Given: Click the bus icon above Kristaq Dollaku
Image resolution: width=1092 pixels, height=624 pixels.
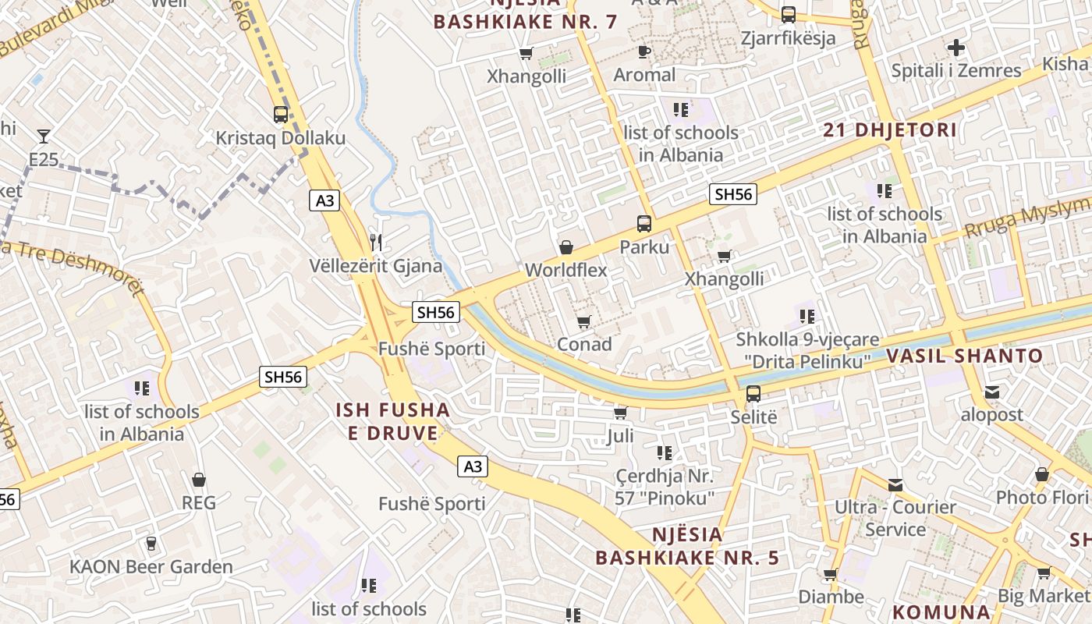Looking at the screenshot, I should [x=281, y=115].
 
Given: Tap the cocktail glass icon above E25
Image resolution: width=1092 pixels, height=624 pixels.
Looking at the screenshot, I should [x=44, y=136].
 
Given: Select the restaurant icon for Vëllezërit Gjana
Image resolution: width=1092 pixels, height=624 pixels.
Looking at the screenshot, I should [x=377, y=242].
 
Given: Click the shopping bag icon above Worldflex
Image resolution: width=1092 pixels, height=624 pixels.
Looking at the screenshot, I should [x=566, y=247].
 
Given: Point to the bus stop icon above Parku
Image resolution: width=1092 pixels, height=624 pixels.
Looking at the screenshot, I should [x=644, y=224].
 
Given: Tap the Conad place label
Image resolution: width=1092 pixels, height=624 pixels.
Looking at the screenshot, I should [x=584, y=344].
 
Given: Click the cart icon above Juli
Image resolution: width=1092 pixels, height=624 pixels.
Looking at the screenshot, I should [x=621, y=412].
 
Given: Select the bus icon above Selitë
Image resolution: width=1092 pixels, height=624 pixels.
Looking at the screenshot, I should [x=753, y=394].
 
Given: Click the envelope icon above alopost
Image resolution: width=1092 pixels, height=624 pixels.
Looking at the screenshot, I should [x=992, y=392].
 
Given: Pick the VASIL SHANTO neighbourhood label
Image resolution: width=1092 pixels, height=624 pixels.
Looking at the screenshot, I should [x=964, y=356].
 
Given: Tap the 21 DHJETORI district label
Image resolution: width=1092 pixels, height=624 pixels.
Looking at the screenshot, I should [x=890, y=130].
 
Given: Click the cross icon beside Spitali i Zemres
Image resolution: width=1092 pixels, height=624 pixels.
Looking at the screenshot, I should [x=956, y=48].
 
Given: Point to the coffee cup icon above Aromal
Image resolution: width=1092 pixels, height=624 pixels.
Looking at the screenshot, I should [x=644, y=52].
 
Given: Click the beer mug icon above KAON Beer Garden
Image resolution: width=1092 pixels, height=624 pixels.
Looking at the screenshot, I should [x=151, y=544].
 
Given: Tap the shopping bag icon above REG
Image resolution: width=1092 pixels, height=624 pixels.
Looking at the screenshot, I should [x=199, y=480].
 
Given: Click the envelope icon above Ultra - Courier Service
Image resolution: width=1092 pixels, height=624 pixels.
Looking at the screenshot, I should [x=895, y=485].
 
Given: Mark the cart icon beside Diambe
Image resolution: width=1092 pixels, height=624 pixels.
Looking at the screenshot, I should [x=831, y=575].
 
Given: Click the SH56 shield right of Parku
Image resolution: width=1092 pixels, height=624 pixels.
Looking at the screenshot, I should [x=733, y=194].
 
